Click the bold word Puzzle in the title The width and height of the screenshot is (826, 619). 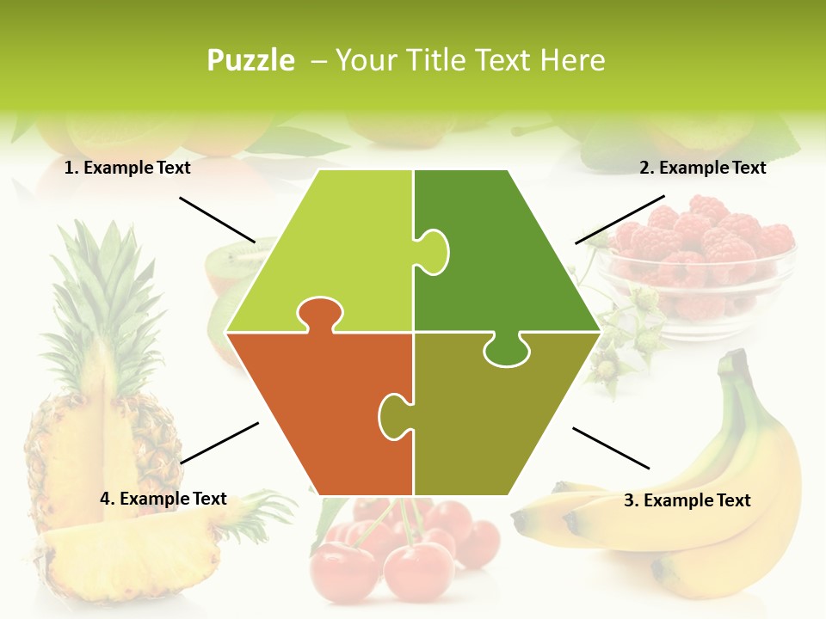pyautogui.click(x=250, y=60)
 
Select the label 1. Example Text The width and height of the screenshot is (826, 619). pyautogui.click(x=127, y=168)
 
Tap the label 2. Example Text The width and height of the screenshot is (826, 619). pyautogui.click(x=702, y=168)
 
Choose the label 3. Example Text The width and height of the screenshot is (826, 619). pyautogui.click(x=687, y=500)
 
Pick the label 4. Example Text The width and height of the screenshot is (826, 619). pyautogui.click(x=163, y=499)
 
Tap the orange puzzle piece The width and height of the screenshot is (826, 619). pyautogui.click(x=318, y=413)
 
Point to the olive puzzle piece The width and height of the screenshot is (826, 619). pyautogui.click(x=499, y=421)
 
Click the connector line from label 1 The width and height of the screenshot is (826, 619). pyautogui.click(x=218, y=220)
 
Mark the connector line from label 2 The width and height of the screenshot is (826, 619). pyautogui.click(x=619, y=219)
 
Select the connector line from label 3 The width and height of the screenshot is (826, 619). pyautogui.click(x=611, y=447)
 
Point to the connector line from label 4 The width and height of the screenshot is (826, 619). pyautogui.click(x=219, y=443)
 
